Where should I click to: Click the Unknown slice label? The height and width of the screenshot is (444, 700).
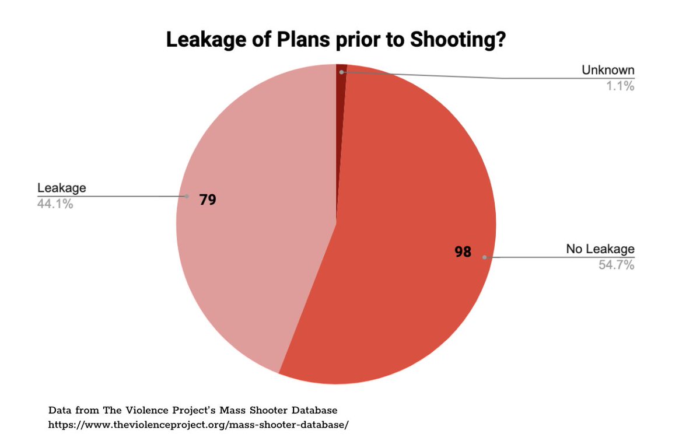[x=608, y=71]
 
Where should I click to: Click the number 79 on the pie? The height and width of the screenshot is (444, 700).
[x=208, y=200]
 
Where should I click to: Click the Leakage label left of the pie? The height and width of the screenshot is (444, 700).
[x=61, y=188]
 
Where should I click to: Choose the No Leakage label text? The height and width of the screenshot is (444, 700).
[x=600, y=249]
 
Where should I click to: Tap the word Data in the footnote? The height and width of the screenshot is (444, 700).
[x=58, y=409]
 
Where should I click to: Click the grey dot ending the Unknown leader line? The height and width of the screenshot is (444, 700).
[x=342, y=72]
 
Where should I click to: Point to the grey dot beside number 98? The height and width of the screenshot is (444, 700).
[x=484, y=257]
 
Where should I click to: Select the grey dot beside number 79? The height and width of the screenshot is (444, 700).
[x=187, y=197]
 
